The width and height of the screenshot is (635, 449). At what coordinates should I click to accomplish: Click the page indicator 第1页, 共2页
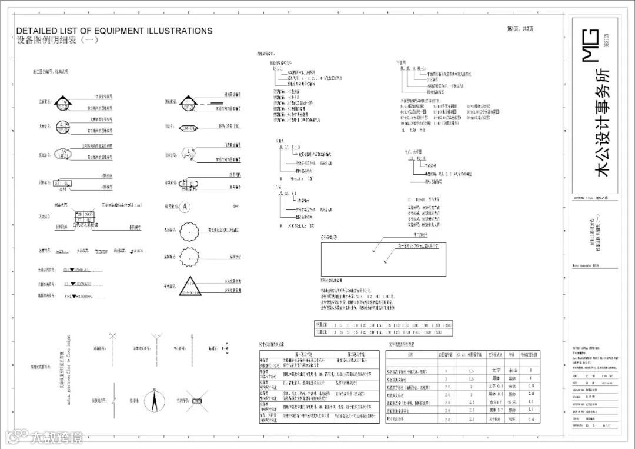(520, 29)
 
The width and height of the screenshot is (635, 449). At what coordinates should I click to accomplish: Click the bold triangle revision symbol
(189, 286)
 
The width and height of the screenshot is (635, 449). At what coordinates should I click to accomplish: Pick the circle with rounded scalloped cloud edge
(189, 231)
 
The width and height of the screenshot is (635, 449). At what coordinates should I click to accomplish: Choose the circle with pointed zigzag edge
(189, 257)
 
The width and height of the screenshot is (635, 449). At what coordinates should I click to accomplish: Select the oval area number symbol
(62, 154)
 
